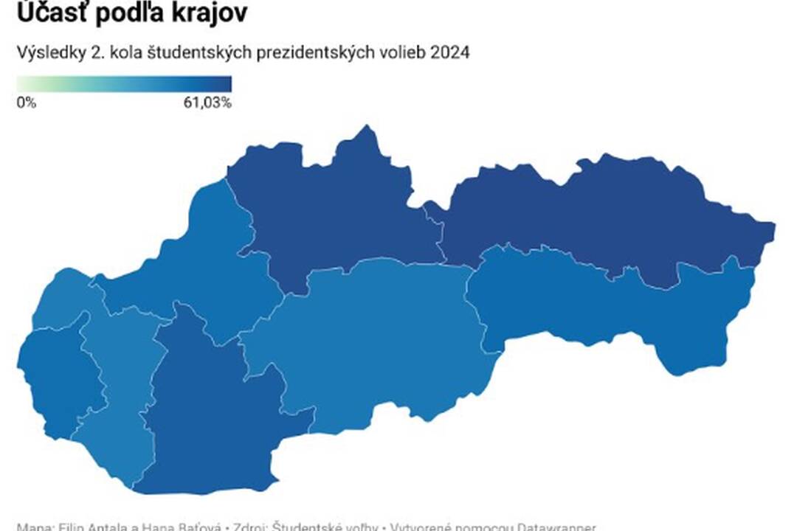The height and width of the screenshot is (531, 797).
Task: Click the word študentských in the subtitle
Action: tap(190, 54)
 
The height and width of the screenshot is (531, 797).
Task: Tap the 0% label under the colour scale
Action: tap(26, 103)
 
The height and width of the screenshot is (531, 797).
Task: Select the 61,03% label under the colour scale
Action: tap(208, 103)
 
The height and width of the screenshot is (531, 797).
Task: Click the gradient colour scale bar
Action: tap(124, 83)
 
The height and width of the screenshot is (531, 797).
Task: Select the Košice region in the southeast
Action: tap(627, 310)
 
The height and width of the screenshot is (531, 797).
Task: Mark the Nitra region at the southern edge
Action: tap(207, 413)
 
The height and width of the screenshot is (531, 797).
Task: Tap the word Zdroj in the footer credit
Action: tap(250, 527)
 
